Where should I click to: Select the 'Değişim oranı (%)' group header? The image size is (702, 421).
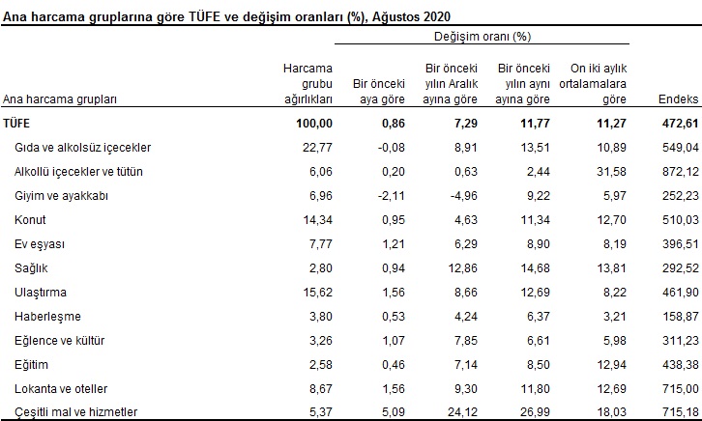[x=483, y=37]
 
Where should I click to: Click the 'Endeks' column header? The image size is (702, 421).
[x=678, y=99]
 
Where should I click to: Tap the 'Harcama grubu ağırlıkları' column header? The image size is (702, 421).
[x=307, y=84]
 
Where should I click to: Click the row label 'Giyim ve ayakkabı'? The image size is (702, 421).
[x=61, y=194]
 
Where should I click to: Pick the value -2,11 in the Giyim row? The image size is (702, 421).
[x=390, y=194]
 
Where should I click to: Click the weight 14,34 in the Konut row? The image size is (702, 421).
[x=317, y=218]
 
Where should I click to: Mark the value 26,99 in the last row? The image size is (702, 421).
[x=535, y=412]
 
